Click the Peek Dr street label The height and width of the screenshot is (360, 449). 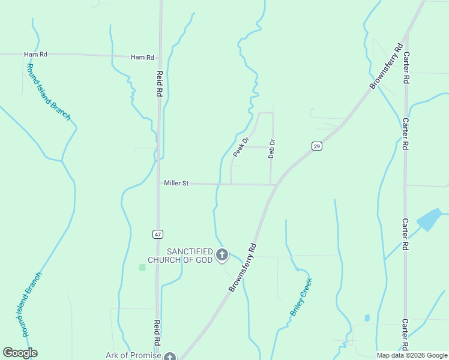[x=241, y=148]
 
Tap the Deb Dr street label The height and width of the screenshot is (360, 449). [x=271, y=148]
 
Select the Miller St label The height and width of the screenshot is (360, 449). [x=176, y=183]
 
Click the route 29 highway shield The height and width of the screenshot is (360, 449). [x=317, y=146]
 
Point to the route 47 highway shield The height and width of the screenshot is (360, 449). [x=158, y=234]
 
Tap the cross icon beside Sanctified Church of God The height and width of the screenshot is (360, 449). [x=222, y=255]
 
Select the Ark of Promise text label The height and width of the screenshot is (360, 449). [x=133, y=355]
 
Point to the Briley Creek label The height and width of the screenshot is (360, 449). [x=301, y=297]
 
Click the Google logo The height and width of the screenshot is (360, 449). [x=20, y=353]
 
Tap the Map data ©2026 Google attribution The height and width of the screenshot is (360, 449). [x=411, y=355]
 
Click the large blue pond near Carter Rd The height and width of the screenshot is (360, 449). [x=429, y=220]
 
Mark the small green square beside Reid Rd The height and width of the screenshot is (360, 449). [x=142, y=267]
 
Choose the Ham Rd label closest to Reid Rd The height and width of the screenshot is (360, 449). [x=142, y=58]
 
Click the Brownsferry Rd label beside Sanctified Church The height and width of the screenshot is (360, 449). [x=243, y=267]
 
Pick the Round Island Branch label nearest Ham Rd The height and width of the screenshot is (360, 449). [x=49, y=91]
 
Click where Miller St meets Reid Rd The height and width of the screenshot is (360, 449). [x=159, y=183]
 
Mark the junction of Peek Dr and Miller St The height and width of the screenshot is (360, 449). [x=231, y=184]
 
